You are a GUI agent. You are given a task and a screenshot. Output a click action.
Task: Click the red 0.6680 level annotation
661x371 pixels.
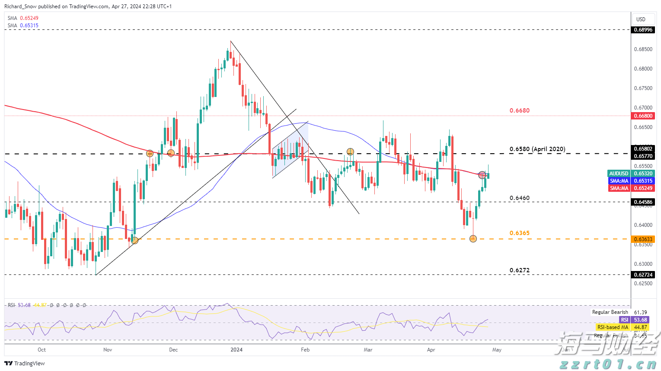pos(519,110)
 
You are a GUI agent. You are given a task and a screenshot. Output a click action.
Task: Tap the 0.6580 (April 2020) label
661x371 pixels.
pos(537,149)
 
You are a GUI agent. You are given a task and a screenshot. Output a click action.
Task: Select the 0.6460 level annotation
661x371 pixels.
pos(519,198)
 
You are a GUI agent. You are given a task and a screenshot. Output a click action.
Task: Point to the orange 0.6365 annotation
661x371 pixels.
pos(519,233)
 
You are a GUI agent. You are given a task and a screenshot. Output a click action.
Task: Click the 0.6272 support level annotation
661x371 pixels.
pos(519,270)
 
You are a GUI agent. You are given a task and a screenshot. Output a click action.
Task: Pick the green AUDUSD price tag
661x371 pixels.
pos(619,174)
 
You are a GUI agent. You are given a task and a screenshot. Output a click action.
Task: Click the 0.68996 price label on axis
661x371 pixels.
pos(643,30)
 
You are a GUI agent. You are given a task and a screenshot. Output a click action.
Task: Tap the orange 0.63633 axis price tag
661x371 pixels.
pos(643,239)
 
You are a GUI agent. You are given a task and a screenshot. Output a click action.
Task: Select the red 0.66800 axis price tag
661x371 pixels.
pos(643,116)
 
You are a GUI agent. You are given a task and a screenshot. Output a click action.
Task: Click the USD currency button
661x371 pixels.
pos(641,19)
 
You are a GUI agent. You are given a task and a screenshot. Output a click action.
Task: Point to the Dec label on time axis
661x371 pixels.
pos(173,349)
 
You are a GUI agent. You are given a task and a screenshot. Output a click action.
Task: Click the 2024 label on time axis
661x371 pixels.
pos(236,349)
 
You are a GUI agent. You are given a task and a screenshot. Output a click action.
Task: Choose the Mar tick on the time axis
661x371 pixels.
pos(368,349)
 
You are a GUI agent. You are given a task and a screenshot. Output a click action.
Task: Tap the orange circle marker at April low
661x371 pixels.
pos(473,239)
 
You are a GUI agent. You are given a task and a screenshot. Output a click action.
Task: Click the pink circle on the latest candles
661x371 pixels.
pos(482,175)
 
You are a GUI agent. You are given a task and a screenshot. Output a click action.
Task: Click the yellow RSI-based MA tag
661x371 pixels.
pos(613,327)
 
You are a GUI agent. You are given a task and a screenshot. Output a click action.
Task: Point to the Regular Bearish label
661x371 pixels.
pos(610,312)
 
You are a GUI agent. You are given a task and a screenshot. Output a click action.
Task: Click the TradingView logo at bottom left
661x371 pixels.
pos(25,363)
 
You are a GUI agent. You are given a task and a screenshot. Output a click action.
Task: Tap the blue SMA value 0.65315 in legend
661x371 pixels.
pos(29,26)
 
